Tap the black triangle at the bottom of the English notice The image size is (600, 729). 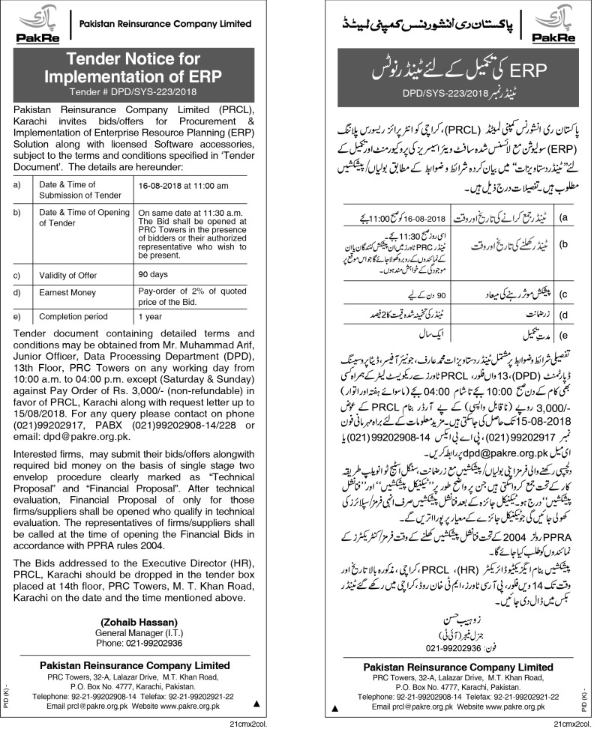[x=257, y=704]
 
